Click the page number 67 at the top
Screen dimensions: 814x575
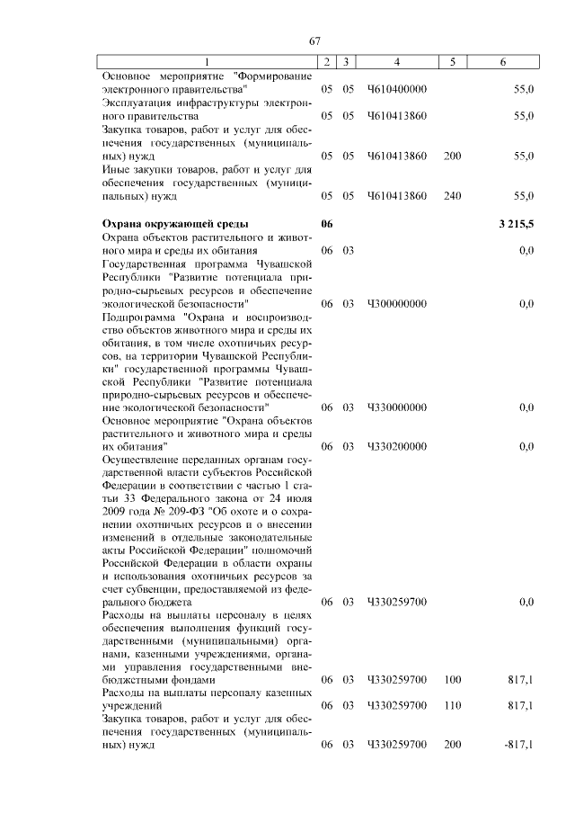click(x=314, y=41)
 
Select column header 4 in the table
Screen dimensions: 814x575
click(x=396, y=62)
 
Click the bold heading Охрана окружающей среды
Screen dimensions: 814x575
click(x=175, y=223)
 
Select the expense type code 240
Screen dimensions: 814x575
click(x=452, y=194)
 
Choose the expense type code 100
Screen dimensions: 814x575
click(x=452, y=681)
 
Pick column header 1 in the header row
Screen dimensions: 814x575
click(x=207, y=62)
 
